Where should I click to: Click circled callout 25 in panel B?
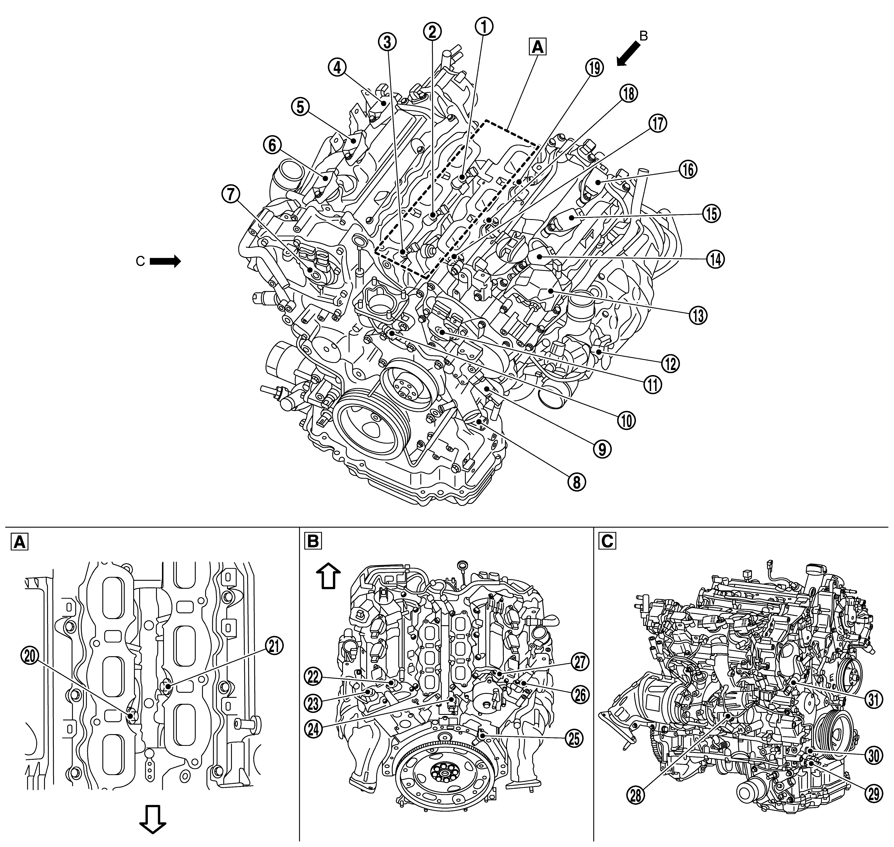point(574,739)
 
